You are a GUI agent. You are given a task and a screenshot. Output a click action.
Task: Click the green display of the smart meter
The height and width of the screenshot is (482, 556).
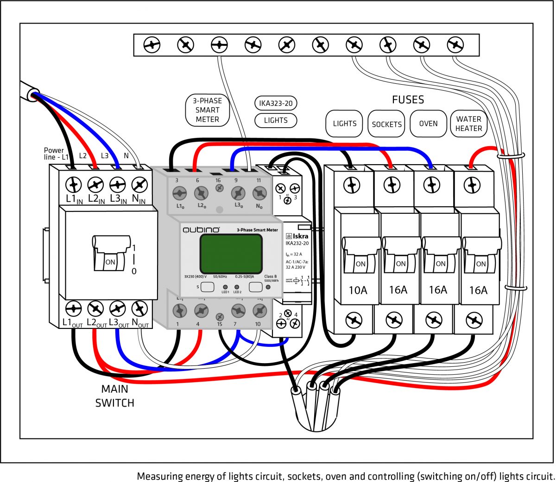coord(231,253)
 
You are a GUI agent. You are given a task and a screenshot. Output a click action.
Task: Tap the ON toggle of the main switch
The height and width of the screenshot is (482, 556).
coord(110,261)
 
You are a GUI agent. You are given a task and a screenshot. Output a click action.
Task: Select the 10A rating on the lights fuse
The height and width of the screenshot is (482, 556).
coord(358,290)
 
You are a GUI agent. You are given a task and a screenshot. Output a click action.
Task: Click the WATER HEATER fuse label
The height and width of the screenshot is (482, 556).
coord(468,124)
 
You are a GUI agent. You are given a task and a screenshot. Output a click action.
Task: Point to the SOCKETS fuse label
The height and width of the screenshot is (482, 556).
coord(386,124)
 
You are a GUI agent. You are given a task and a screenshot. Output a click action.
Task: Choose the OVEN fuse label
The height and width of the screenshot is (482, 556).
coord(428,124)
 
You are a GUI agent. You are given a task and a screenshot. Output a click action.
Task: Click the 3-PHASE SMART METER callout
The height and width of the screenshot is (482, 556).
coord(207,110)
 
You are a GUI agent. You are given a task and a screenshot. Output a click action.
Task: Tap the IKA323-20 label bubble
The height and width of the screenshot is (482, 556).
coord(276,103)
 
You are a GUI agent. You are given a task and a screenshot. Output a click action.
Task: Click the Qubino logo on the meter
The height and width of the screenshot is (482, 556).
coord(201,230)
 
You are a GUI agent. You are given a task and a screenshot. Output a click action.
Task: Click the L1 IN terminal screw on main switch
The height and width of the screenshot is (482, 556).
coord(73,185)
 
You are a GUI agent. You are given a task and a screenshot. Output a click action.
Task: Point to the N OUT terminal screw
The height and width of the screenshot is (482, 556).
coord(139,308)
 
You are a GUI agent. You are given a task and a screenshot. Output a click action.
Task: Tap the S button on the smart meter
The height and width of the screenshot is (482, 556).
coord(207,287)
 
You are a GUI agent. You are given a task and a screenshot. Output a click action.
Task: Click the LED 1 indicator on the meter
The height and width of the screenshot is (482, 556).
coord(225,287)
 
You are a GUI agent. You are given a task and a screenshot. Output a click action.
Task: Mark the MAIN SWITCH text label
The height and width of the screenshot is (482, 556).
coord(114,396)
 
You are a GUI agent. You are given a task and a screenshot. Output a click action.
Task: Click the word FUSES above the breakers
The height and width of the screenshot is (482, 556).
coord(408,99)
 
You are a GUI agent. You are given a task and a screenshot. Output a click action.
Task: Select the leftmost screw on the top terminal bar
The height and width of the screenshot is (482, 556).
coord(152,45)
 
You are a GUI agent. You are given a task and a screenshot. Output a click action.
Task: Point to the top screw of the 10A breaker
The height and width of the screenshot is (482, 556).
coord(352,185)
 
